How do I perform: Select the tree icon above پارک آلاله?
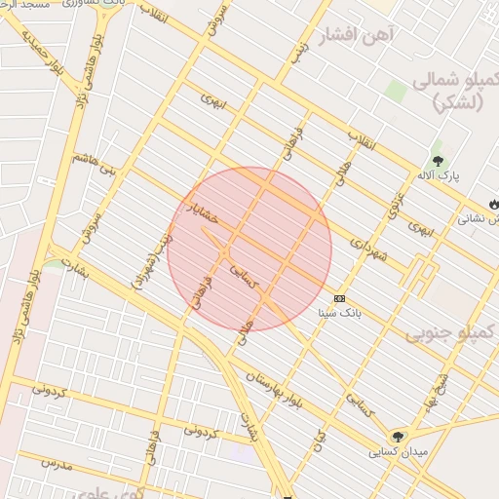(x=437, y=158)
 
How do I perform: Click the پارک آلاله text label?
(x=439, y=176)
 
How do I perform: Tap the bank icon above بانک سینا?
(x=339, y=297)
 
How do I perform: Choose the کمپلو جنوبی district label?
(x=452, y=334)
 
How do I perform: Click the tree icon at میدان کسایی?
(x=397, y=436)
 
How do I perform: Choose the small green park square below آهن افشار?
(x=395, y=91)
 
